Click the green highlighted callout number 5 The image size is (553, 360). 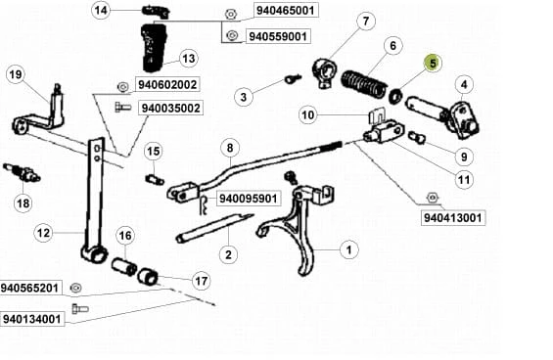click(433, 64)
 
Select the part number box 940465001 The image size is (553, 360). click(286, 10)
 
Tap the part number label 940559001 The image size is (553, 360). click(278, 36)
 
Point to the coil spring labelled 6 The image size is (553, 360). click(363, 83)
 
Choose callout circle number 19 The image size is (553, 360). click(16, 74)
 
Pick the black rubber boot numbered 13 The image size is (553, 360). click(154, 47)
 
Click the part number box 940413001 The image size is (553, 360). click(452, 217)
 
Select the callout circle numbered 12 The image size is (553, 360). click(43, 233)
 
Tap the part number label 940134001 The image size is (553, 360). click(32, 319)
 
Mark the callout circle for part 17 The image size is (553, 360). click(202, 281)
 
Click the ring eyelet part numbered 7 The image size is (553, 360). click(323, 73)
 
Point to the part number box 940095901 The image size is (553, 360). click(249, 199)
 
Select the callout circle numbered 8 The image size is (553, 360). click(230, 148)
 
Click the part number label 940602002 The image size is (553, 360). click(167, 85)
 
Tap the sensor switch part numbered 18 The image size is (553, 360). click(22, 172)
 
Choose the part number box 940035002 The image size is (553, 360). click(170, 108)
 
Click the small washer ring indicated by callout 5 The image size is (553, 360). click(395, 96)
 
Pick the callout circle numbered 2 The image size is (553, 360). click(228, 254)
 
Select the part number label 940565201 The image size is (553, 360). click(29, 288)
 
